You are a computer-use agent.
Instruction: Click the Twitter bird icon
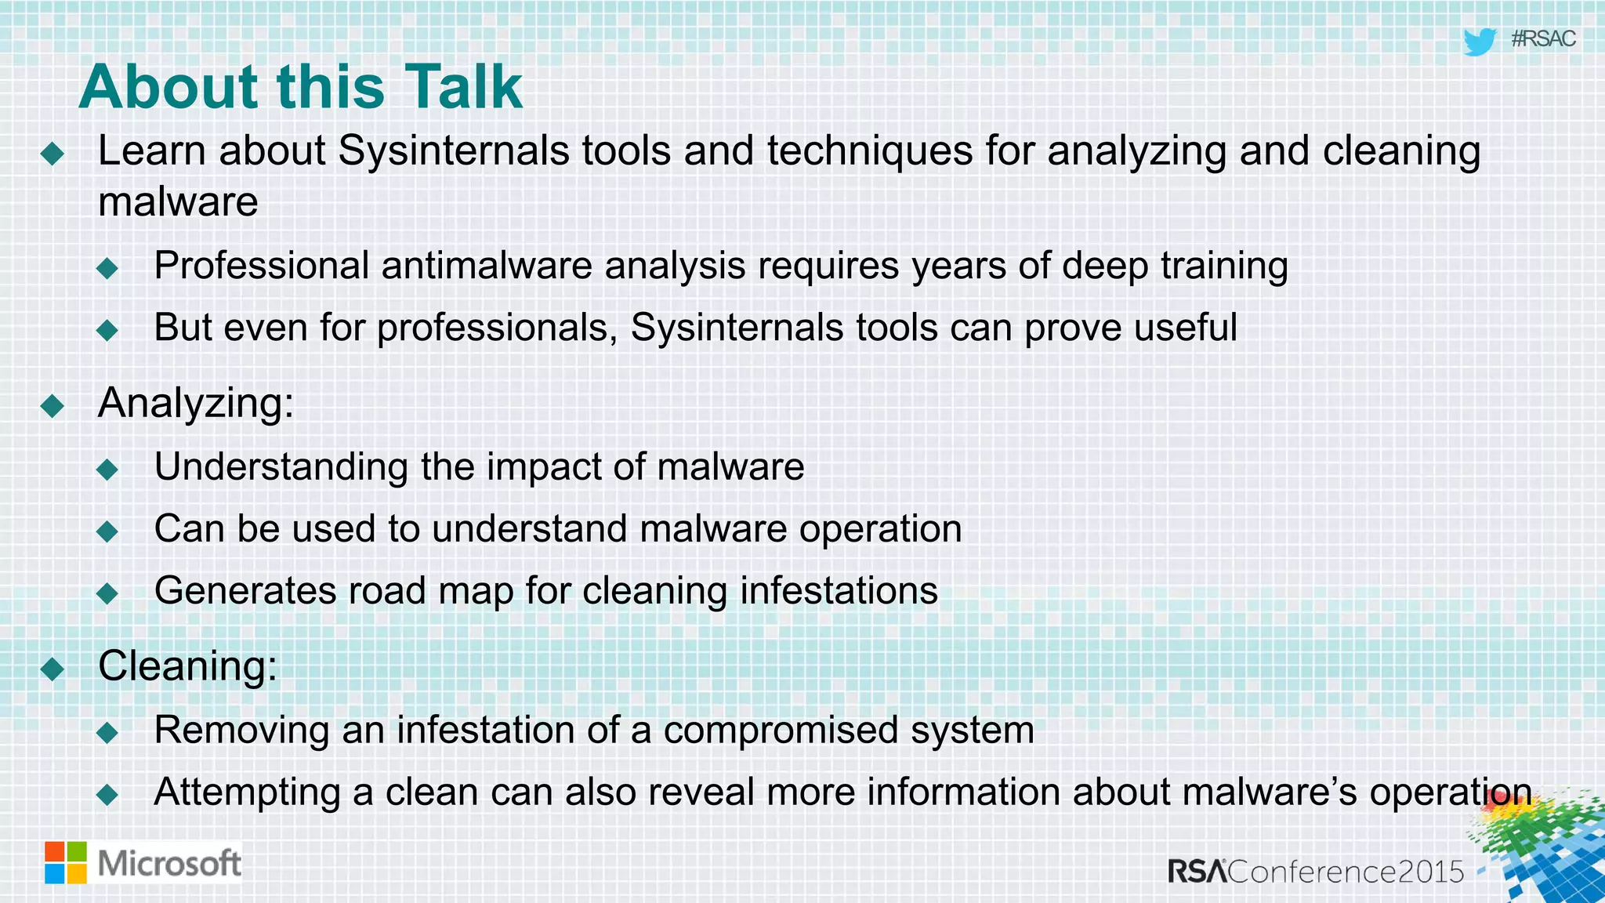click(1480, 42)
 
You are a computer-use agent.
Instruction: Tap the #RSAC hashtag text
click(1542, 39)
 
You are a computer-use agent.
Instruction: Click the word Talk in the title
click(463, 86)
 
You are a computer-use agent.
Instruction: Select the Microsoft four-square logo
click(66, 863)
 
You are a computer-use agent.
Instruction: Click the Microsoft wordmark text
click(169, 863)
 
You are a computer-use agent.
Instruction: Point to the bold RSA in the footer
click(1197, 872)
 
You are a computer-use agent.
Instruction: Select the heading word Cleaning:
click(187, 666)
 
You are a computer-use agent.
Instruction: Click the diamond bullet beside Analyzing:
click(53, 405)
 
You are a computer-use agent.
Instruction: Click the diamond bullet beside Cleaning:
click(53, 669)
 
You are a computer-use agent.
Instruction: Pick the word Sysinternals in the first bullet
click(453, 150)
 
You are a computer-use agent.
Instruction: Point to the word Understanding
click(281, 467)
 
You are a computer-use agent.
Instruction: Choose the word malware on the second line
click(178, 202)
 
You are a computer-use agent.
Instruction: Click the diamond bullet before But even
click(107, 330)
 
